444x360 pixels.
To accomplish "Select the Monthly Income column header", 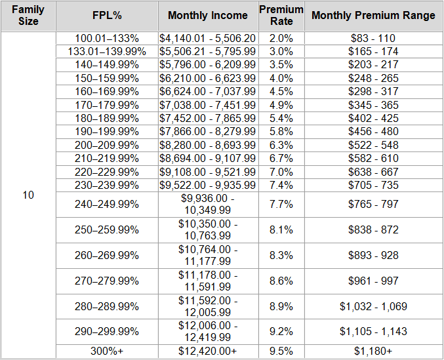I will [208, 15].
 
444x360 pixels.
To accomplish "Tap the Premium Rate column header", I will [281, 15].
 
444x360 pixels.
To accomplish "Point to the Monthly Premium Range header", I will [373, 15].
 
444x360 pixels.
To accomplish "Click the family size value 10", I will [28, 195].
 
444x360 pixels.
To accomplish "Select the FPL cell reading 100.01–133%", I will [106, 38].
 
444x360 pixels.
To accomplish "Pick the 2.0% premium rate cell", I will [281, 38].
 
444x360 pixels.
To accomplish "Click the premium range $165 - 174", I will [373, 50].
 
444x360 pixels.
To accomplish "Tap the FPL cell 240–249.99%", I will [106, 204].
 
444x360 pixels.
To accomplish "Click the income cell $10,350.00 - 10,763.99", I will [208, 230].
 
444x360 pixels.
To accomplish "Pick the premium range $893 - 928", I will [373, 255].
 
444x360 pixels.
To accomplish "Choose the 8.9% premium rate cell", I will [281, 306].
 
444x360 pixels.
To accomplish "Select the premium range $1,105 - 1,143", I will [373, 331].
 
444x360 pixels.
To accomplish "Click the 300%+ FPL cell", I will [106, 351].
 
